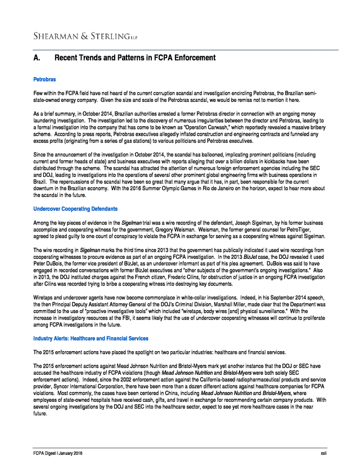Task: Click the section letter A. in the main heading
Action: (x=38, y=58)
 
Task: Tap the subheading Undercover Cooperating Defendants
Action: (x=75, y=209)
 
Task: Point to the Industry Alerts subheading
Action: (x=91, y=338)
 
